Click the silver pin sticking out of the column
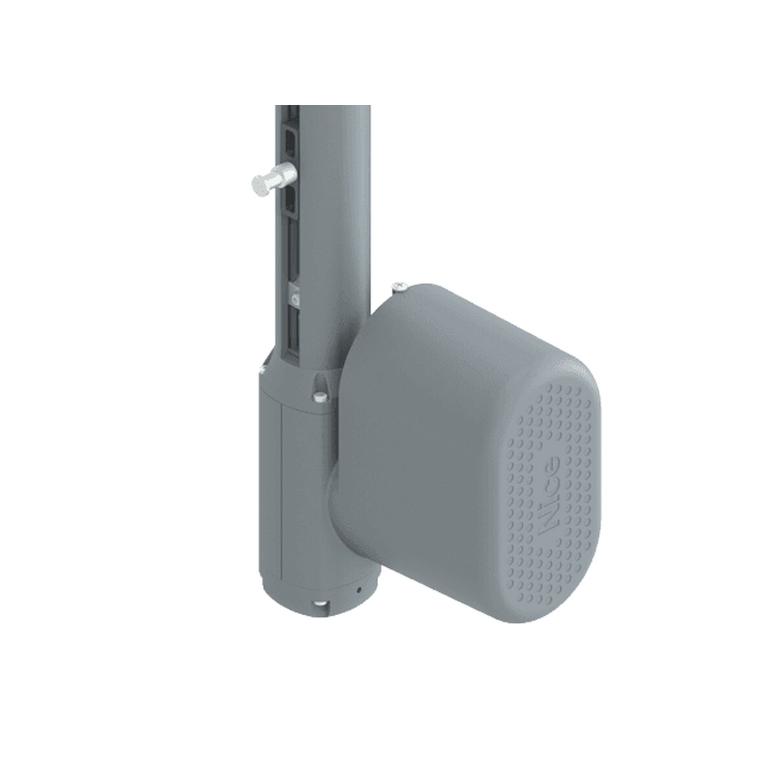pyautogui.click(x=274, y=180)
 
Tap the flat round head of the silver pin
pyautogui.click(x=259, y=185)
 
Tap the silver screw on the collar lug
pyautogui.click(x=320, y=396)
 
